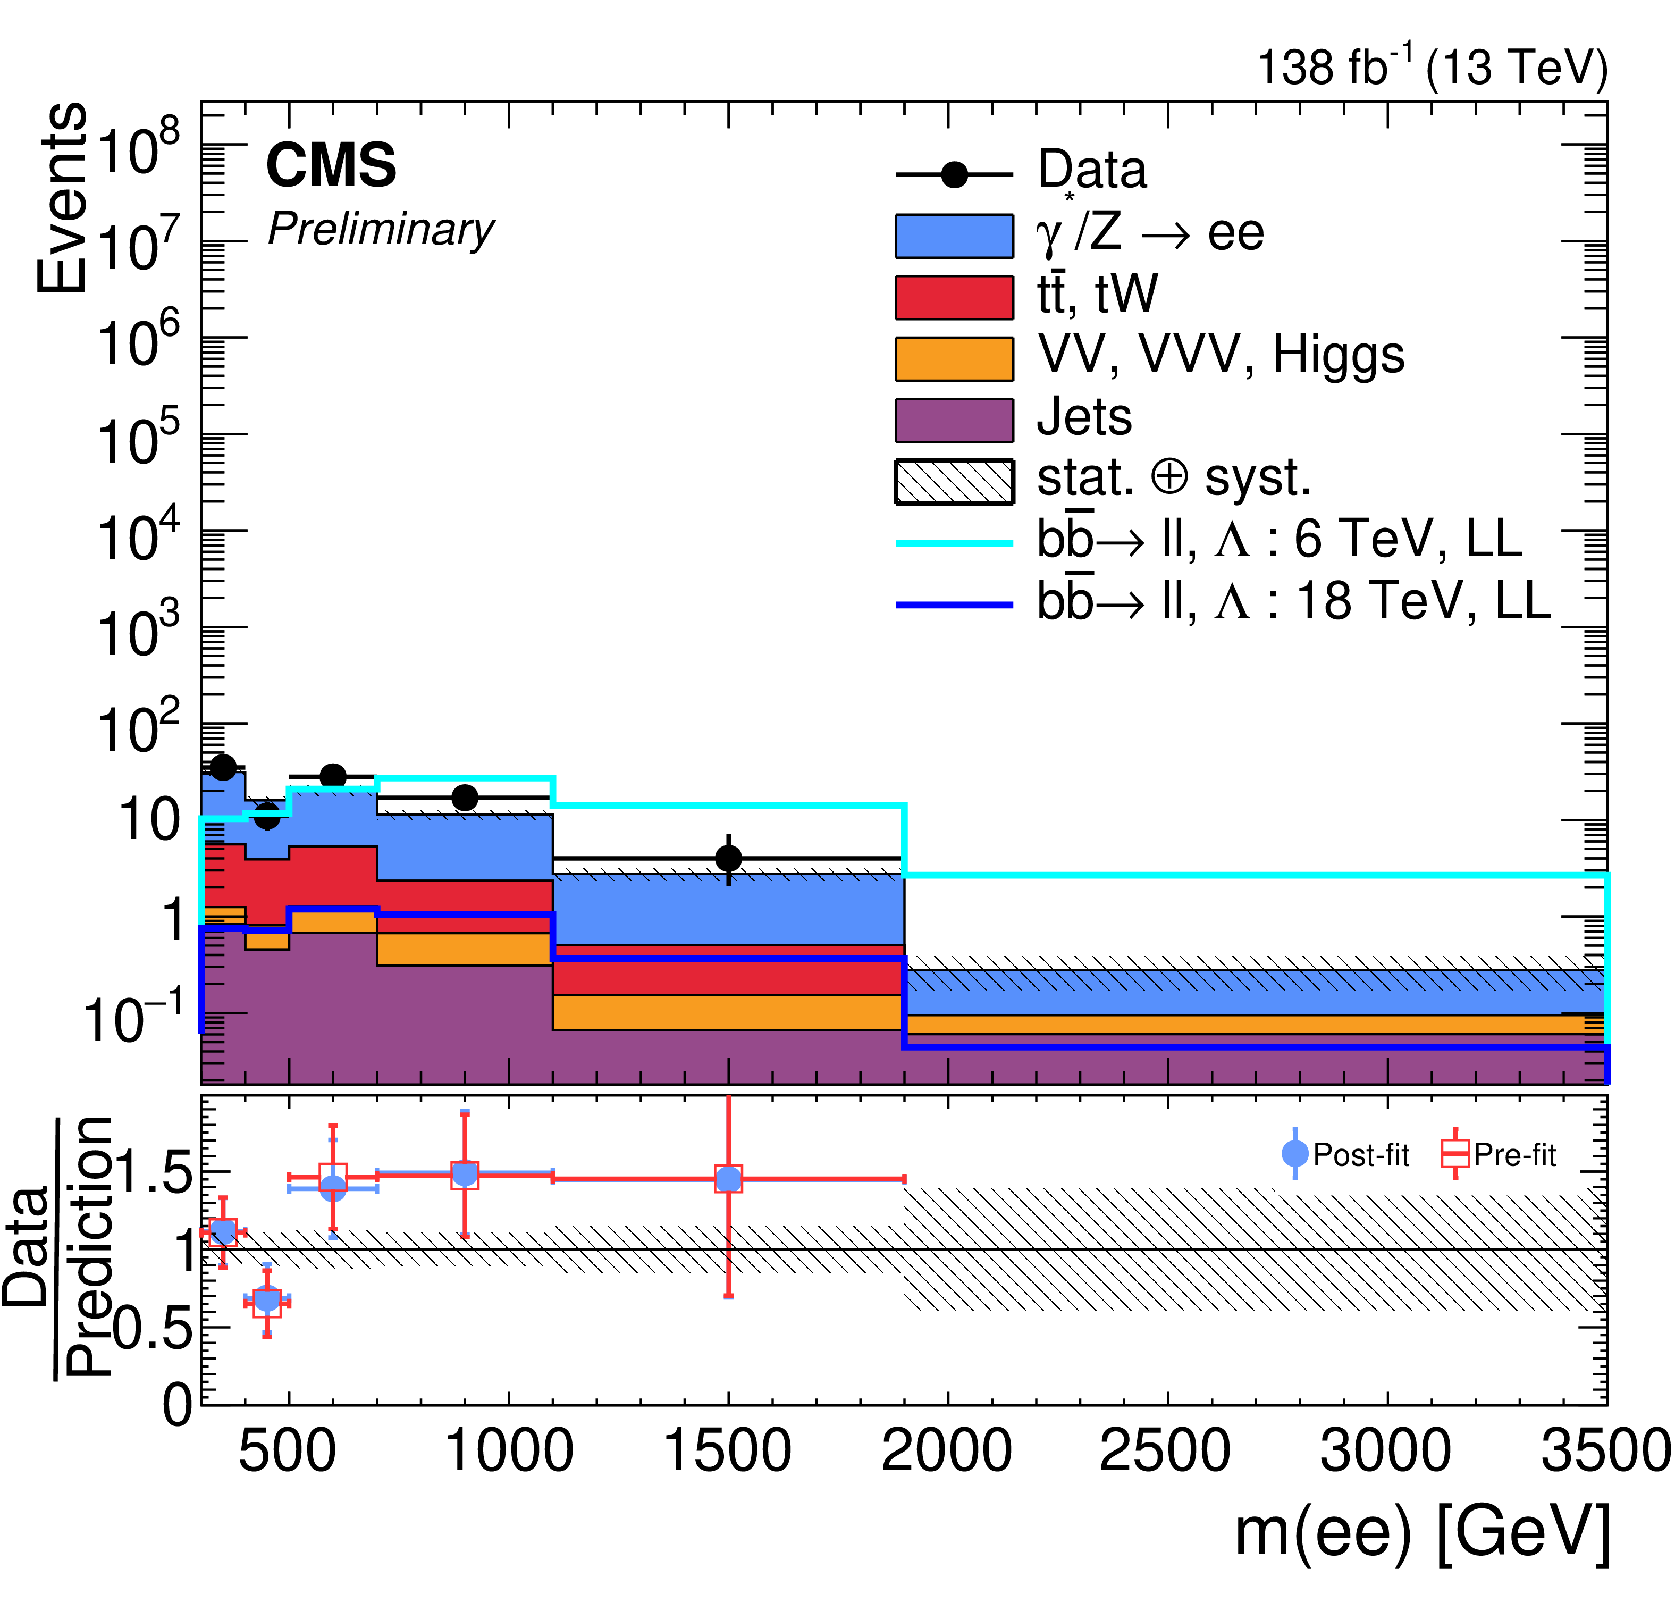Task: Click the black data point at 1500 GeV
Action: point(728,858)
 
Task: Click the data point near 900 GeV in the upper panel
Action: point(464,798)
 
